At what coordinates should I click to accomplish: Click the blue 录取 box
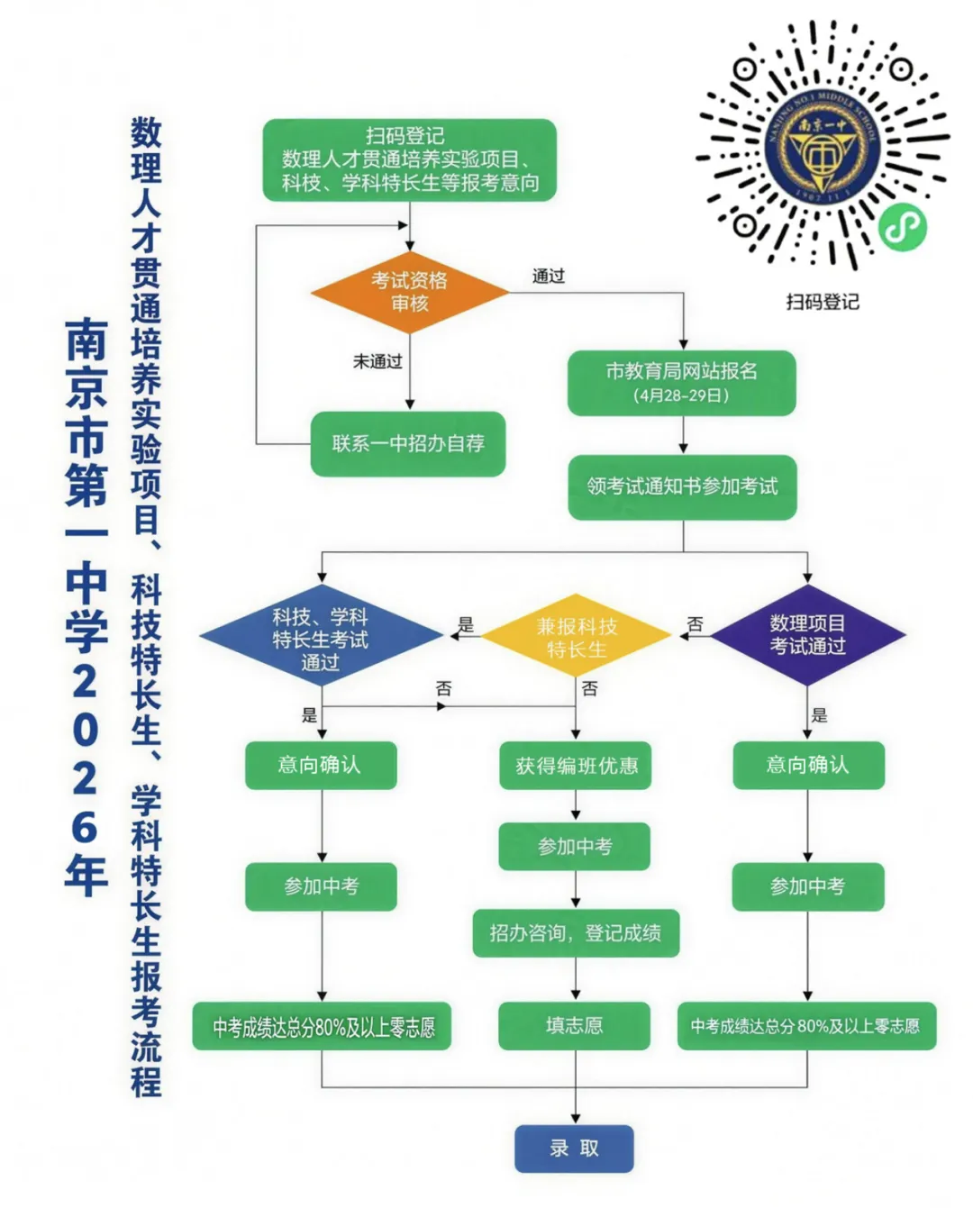click(574, 1149)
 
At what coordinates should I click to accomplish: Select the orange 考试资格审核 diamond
click(410, 292)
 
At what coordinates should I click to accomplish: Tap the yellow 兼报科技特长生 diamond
click(576, 636)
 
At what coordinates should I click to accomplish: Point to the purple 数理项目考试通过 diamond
click(807, 635)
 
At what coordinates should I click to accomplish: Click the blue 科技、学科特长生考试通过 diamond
click(321, 635)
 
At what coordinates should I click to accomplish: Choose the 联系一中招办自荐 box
click(408, 443)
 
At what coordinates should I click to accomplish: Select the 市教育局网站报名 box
click(682, 383)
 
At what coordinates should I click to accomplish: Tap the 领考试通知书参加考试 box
click(682, 486)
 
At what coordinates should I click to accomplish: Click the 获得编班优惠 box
click(576, 766)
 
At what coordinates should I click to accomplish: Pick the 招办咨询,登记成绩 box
click(576, 933)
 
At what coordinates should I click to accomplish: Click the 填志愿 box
click(575, 1026)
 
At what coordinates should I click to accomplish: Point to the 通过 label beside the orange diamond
click(549, 277)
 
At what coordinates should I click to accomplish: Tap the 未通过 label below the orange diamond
click(377, 361)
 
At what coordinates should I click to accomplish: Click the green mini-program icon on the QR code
click(903, 228)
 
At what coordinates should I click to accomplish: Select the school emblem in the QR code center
click(823, 150)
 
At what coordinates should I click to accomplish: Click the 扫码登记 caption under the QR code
click(823, 302)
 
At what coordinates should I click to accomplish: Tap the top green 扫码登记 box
click(409, 160)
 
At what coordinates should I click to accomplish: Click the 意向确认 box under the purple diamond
click(808, 766)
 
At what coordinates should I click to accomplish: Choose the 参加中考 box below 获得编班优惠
click(575, 847)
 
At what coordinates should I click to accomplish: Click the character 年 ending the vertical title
click(86, 876)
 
